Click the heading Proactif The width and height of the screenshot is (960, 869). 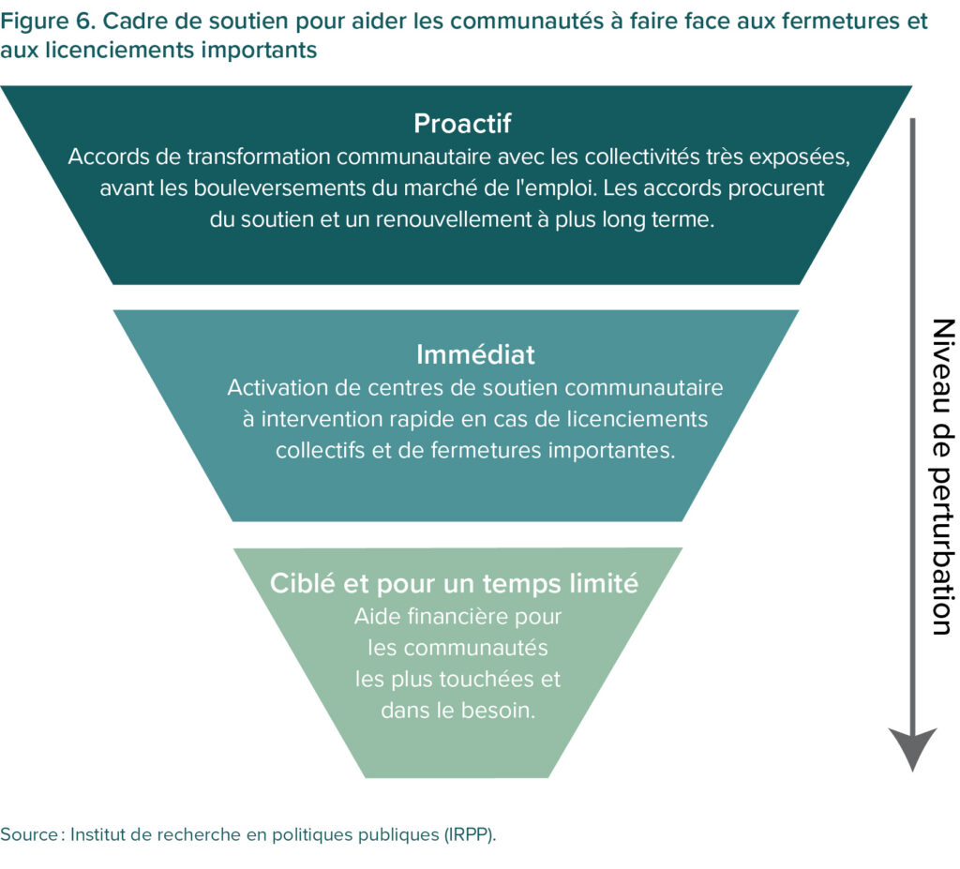(x=462, y=124)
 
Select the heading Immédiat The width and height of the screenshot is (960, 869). (x=475, y=354)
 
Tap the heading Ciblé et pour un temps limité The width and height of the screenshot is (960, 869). (x=454, y=583)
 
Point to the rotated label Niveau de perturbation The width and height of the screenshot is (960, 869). (x=941, y=476)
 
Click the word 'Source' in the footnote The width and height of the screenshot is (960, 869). (x=28, y=834)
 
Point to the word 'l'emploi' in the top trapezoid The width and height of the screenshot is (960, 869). (x=557, y=187)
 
